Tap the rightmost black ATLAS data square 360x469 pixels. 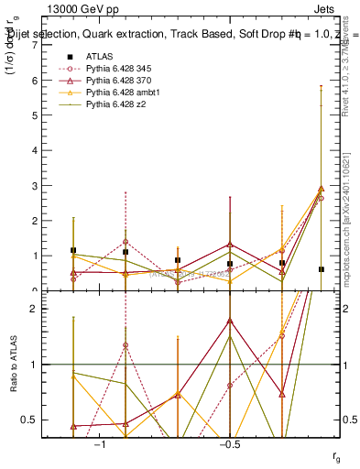321,269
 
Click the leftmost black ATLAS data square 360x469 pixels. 73,250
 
